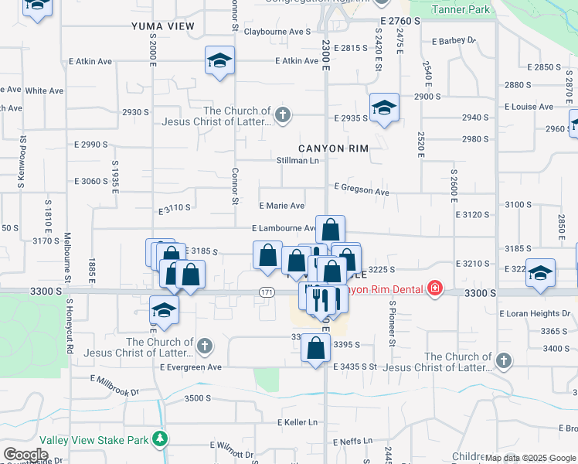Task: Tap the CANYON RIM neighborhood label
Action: click(x=333, y=148)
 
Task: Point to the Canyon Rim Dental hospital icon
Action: click(x=436, y=289)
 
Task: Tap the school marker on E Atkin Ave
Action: click(x=219, y=61)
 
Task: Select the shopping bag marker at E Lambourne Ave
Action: click(x=330, y=230)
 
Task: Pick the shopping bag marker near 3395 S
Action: click(x=316, y=348)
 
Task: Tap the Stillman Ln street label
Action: click(x=297, y=161)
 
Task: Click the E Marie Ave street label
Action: click(x=281, y=206)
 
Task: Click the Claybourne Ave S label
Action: click(x=277, y=32)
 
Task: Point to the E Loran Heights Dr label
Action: click(x=535, y=314)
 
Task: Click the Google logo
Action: click(x=25, y=455)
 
